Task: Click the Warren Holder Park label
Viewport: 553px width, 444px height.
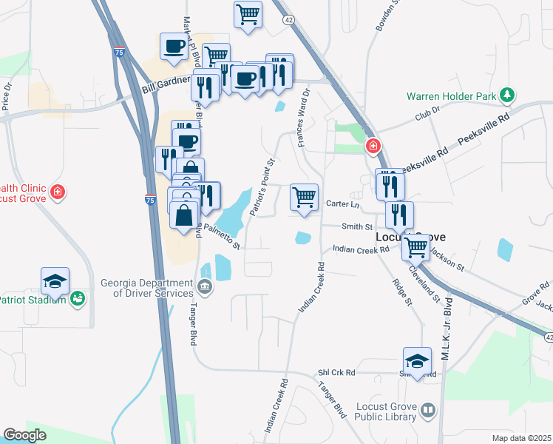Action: click(x=451, y=95)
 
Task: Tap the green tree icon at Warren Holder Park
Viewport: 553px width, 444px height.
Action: click(x=506, y=95)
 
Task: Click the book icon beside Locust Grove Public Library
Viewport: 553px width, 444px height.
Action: click(x=428, y=410)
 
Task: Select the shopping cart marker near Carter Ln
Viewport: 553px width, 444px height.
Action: click(x=304, y=198)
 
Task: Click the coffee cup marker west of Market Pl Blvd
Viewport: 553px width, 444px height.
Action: click(x=174, y=46)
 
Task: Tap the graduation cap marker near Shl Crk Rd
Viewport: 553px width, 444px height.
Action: click(x=417, y=361)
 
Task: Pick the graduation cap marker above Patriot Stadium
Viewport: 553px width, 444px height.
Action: click(x=55, y=281)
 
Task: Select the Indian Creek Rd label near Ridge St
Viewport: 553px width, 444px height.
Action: click(x=360, y=250)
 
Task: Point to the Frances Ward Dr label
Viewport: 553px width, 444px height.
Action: click(x=303, y=118)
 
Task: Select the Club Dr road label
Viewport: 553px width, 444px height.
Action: click(x=427, y=112)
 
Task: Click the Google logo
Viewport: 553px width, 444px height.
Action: click(x=25, y=435)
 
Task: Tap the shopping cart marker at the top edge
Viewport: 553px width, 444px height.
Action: click(x=248, y=13)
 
